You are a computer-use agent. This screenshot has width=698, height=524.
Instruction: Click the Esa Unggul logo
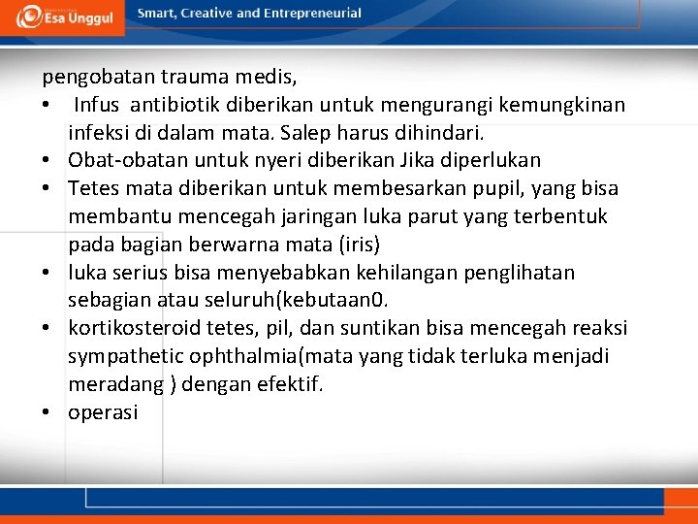[x=66, y=15]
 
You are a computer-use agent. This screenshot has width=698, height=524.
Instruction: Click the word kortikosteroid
[x=130, y=328]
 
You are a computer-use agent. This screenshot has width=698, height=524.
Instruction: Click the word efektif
[x=290, y=384]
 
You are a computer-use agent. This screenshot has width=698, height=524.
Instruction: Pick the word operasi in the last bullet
[x=103, y=412]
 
